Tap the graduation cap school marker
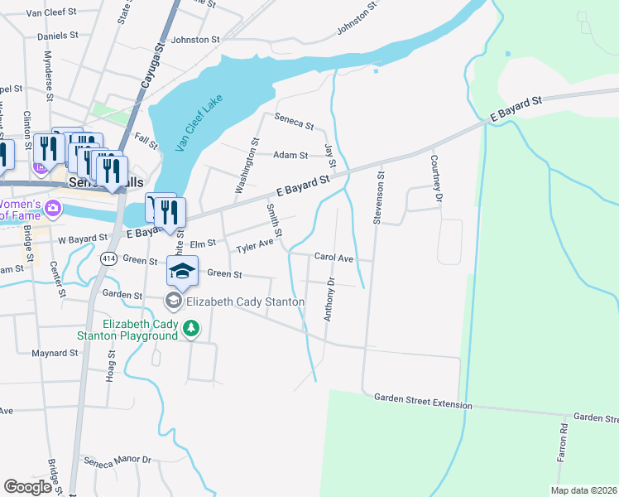pyautogui.click(x=183, y=270)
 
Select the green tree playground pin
pyautogui.click(x=191, y=329)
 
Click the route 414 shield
pyautogui.click(x=108, y=259)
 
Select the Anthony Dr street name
pyautogui.click(x=329, y=299)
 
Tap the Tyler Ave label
pyautogui.click(x=254, y=247)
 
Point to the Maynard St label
pyautogui.click(x=54, y=353)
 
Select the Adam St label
pyautogui.click(x=290, y=155)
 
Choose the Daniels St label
pyautogui.click(x=57, y=36)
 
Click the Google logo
pyautogui.click(x=27, y=487)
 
